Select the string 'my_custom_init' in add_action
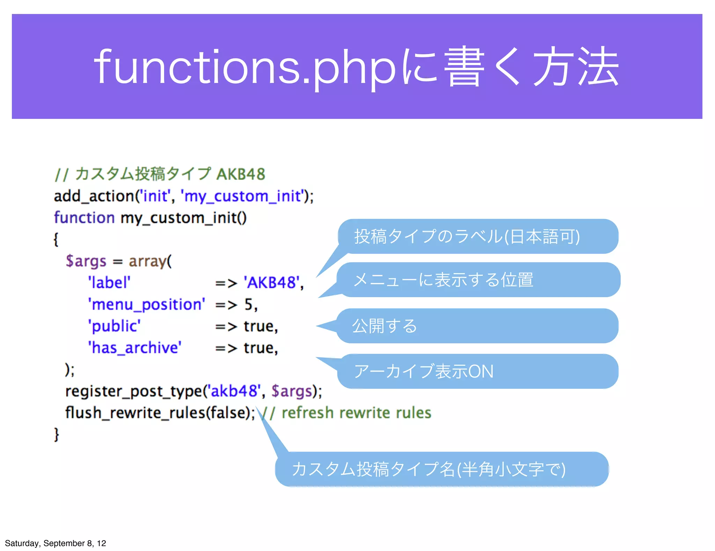pos(242,196)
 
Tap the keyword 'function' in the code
pos(84,218)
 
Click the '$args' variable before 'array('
pos(86,261)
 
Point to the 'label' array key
pos(109,282)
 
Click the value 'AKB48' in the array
pos(271,282)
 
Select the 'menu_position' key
pos(147,305)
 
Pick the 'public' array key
pos(114,326)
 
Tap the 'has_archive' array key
pos(135,348)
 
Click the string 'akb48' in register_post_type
pos(234,391)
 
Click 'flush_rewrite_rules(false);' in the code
pos(160,413)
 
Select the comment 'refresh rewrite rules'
pos(356,413)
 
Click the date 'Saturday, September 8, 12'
pos(56,543)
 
